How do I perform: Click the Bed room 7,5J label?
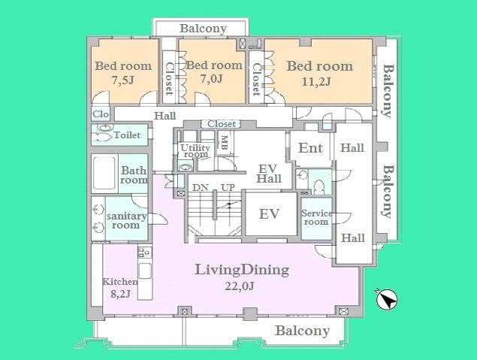tap(122, 73)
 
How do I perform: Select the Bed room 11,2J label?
tap(319, 74)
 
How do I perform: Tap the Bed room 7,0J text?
tap(214, 72)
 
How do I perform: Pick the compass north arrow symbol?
tap(388, 300)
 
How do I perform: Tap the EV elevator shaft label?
tap(269, 214)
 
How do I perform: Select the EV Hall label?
tap(269, 174)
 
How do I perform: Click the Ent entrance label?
tap(310, 148)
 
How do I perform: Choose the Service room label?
tap(316, 217)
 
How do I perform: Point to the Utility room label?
tap(195, 152)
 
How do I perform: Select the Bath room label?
tap(134, 175)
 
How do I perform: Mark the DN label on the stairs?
tap(200, 187)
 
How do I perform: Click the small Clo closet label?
tap(101, 114)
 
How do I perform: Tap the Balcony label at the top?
tap(203, 29)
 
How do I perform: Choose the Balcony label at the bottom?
tap(302, 331)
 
